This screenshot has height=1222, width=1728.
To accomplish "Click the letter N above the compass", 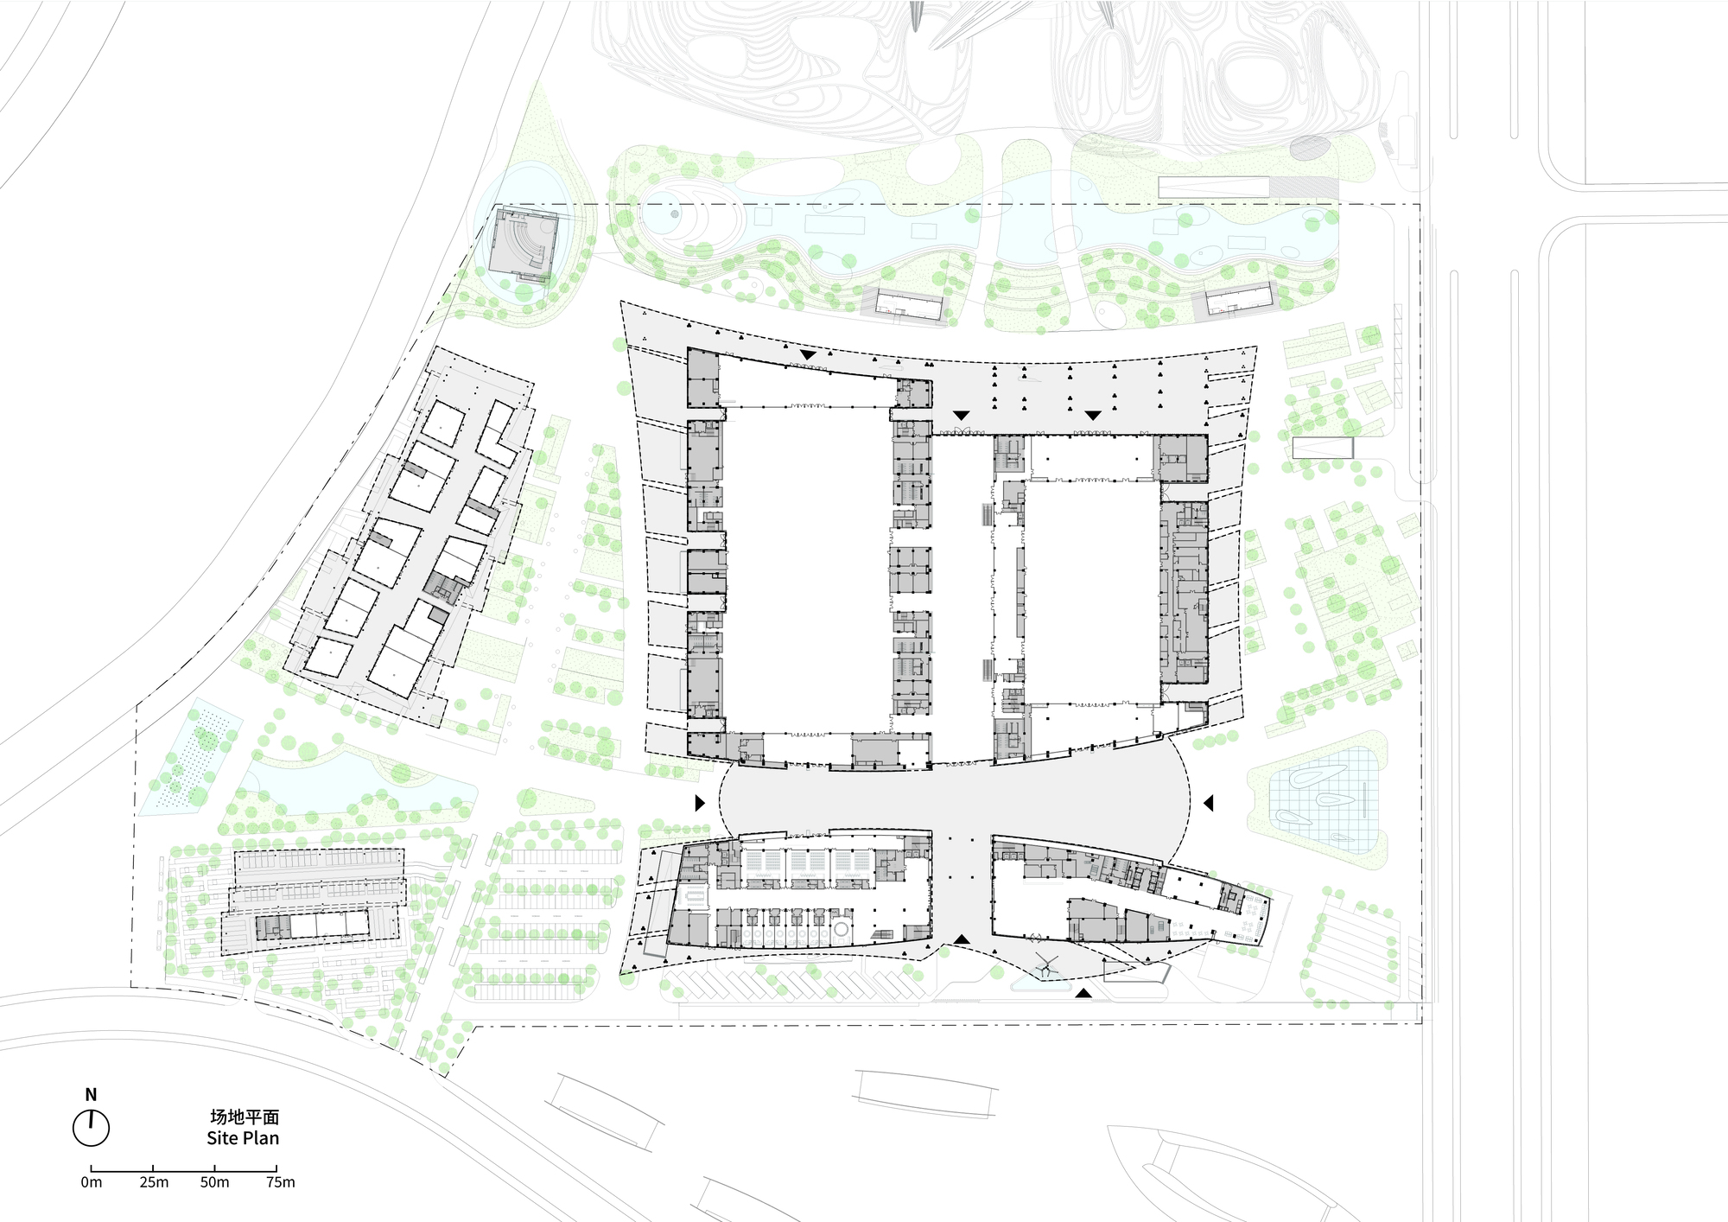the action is point(91,1096).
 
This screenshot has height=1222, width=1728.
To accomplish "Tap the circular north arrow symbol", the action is point(91,1128).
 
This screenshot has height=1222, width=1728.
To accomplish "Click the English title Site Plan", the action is point(243,1138).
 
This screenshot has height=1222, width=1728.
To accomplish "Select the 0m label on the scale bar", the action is point(91,1182).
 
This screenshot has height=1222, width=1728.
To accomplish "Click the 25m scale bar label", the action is point(154,1182).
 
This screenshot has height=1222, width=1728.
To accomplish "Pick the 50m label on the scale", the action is point(214,1182).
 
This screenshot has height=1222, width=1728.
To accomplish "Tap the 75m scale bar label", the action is point(280,1182).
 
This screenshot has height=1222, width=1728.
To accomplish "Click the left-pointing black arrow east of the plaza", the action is point(1209,803).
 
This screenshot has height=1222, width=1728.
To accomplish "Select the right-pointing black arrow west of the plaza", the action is point(700,803).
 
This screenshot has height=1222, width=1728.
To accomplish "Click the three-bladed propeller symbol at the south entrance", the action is point(1046,966).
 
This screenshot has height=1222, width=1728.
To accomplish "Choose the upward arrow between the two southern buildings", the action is point(962,939).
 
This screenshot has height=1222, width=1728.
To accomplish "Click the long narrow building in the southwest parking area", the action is point(312,926).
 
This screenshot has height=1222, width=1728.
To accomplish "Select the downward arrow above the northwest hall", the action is point(808,354).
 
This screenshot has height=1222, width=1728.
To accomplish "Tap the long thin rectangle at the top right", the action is point(1214,188).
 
